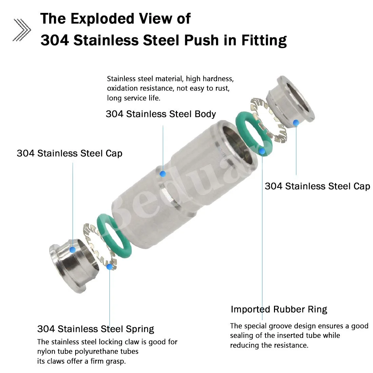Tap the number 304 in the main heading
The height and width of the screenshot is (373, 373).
[x=55, y=40]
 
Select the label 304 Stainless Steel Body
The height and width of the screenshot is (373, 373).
[x=161, y=114]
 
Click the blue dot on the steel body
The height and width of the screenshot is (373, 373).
[x=163, y=174]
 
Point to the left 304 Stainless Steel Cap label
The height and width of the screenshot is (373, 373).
[x=70, y=153]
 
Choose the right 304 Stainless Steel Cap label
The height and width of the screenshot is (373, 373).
[x=317, y=186]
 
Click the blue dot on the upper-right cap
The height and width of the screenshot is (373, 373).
[x=296, y=122]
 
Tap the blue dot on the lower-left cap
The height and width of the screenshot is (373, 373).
[x=72, y=250]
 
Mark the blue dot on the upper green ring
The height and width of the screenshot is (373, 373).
[x=262, y=151]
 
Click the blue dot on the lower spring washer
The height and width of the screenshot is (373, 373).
[x=109, y=267]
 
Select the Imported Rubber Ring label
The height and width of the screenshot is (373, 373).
[x=279, y=309]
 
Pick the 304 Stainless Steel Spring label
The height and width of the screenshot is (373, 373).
[x=96, y=329]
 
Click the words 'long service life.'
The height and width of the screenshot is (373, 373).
[x=134, y=98]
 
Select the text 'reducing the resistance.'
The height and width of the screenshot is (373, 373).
[x=269, y=346]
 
